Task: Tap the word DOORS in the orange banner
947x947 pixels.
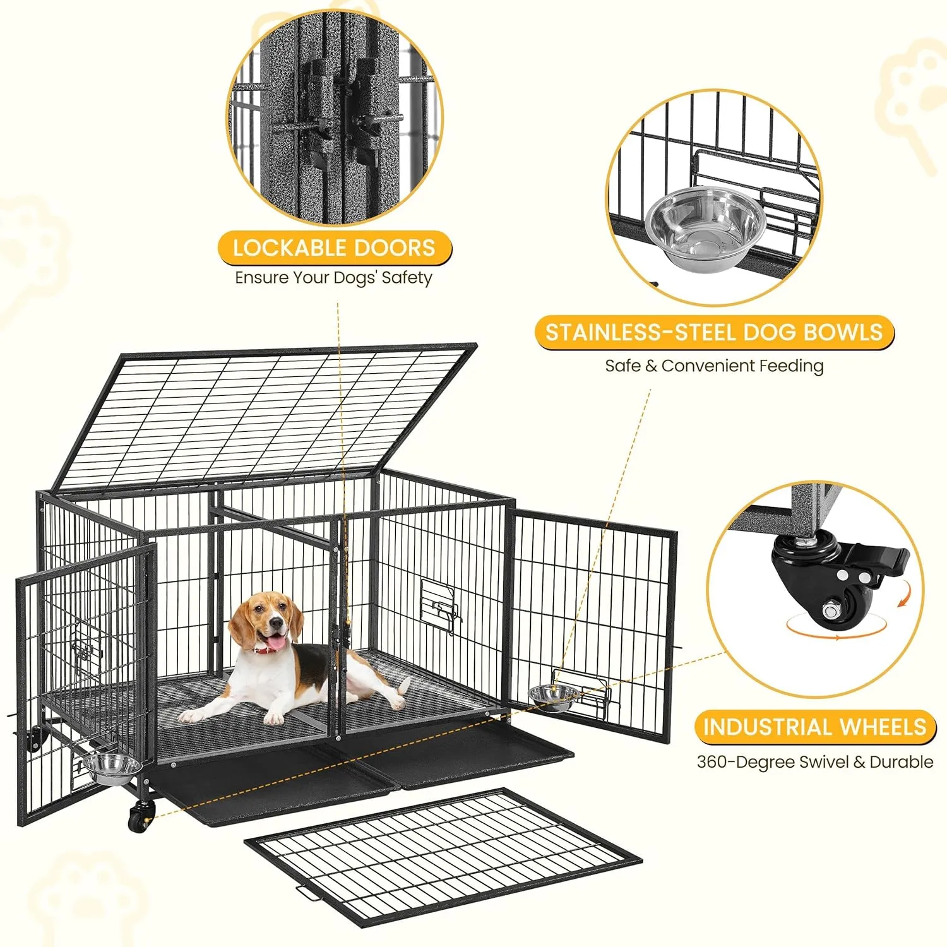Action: (395, 247)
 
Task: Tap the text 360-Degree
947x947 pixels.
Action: (746, 762)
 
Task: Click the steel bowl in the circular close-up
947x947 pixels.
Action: (705, 224)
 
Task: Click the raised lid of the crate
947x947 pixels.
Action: (265, 417)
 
